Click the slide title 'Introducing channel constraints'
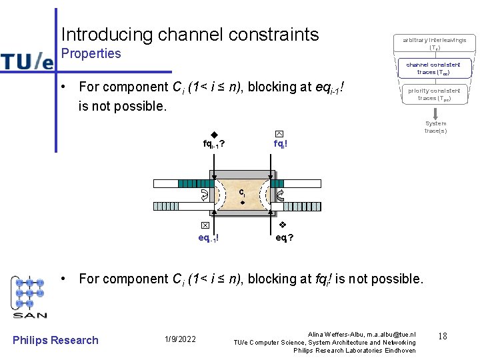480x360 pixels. (x=190, y=34)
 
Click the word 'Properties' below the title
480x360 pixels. (x=91, y=53)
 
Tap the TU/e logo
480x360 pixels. (x=27, y=61)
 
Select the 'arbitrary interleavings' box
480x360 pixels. (x=435, y=44)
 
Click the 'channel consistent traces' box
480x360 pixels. (x=433, y=69)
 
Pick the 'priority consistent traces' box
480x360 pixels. (x=434, y=94)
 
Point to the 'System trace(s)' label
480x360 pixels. (x=435, y=127)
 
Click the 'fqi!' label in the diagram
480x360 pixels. (x=280, y=144)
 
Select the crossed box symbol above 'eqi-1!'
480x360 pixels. (x=206, y=225)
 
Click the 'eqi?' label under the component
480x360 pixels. (x=285, y=237)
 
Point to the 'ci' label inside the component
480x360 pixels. (x=243, y=192)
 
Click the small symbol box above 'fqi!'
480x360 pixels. (x=279, y=134)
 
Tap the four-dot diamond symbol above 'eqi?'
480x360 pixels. (x=282, y=225)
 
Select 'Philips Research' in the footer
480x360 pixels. (x=55, y=340)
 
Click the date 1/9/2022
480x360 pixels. (x=179, y=340)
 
